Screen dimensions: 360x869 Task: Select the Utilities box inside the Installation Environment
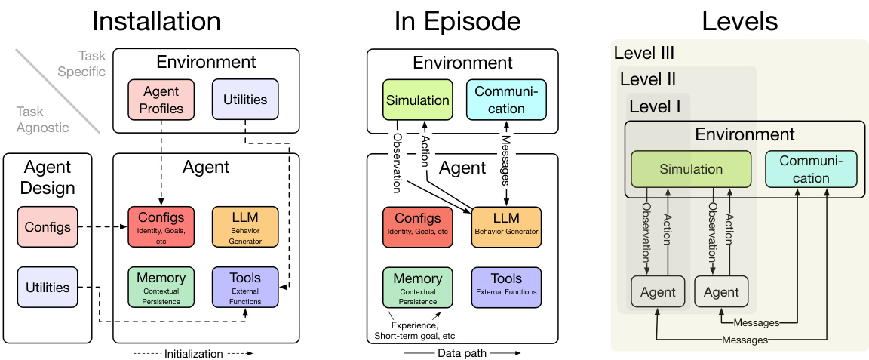click(x=245, y=100)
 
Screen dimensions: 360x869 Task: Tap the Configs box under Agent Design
click(x=48, y=226)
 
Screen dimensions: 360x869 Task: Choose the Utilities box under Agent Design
click(x=48, y=288)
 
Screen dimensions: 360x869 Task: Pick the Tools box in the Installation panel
click(x=245, y=286)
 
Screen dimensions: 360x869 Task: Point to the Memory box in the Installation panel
click(x=161, y=286)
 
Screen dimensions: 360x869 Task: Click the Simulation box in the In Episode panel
click(x=417, y=100)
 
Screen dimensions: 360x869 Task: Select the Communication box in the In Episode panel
click(x=505, y=100)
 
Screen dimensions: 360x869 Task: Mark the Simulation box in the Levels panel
click(x=691, y=170)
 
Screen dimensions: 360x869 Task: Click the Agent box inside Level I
click(x=659, y=292)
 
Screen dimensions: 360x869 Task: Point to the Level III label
click(x=644, y=53)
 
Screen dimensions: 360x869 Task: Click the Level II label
click(x=647, y=79)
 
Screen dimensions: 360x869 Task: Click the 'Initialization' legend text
click(x=194, y=353)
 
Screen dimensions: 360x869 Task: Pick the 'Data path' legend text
click(x=462, y=353)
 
